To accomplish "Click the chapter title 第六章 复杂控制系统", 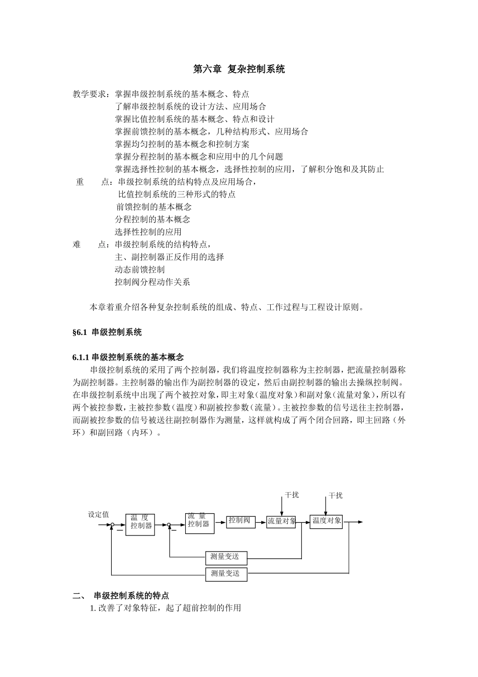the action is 239,70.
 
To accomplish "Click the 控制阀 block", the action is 241,521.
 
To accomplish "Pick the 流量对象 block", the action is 281,521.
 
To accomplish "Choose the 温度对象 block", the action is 326,521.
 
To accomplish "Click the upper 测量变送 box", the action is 226,557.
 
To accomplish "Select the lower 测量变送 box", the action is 226,574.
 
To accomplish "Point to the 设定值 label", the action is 98,514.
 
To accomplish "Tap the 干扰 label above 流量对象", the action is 292,495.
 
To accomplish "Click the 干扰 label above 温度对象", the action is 336,496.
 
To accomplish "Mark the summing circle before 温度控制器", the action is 112,525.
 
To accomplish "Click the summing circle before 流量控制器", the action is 170,525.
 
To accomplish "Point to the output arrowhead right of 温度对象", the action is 360,522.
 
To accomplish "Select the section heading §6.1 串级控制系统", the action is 107,332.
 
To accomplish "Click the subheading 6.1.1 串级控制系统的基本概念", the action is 128,358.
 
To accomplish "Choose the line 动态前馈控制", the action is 139,269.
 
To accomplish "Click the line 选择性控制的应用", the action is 148,232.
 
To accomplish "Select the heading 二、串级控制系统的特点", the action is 124,596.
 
